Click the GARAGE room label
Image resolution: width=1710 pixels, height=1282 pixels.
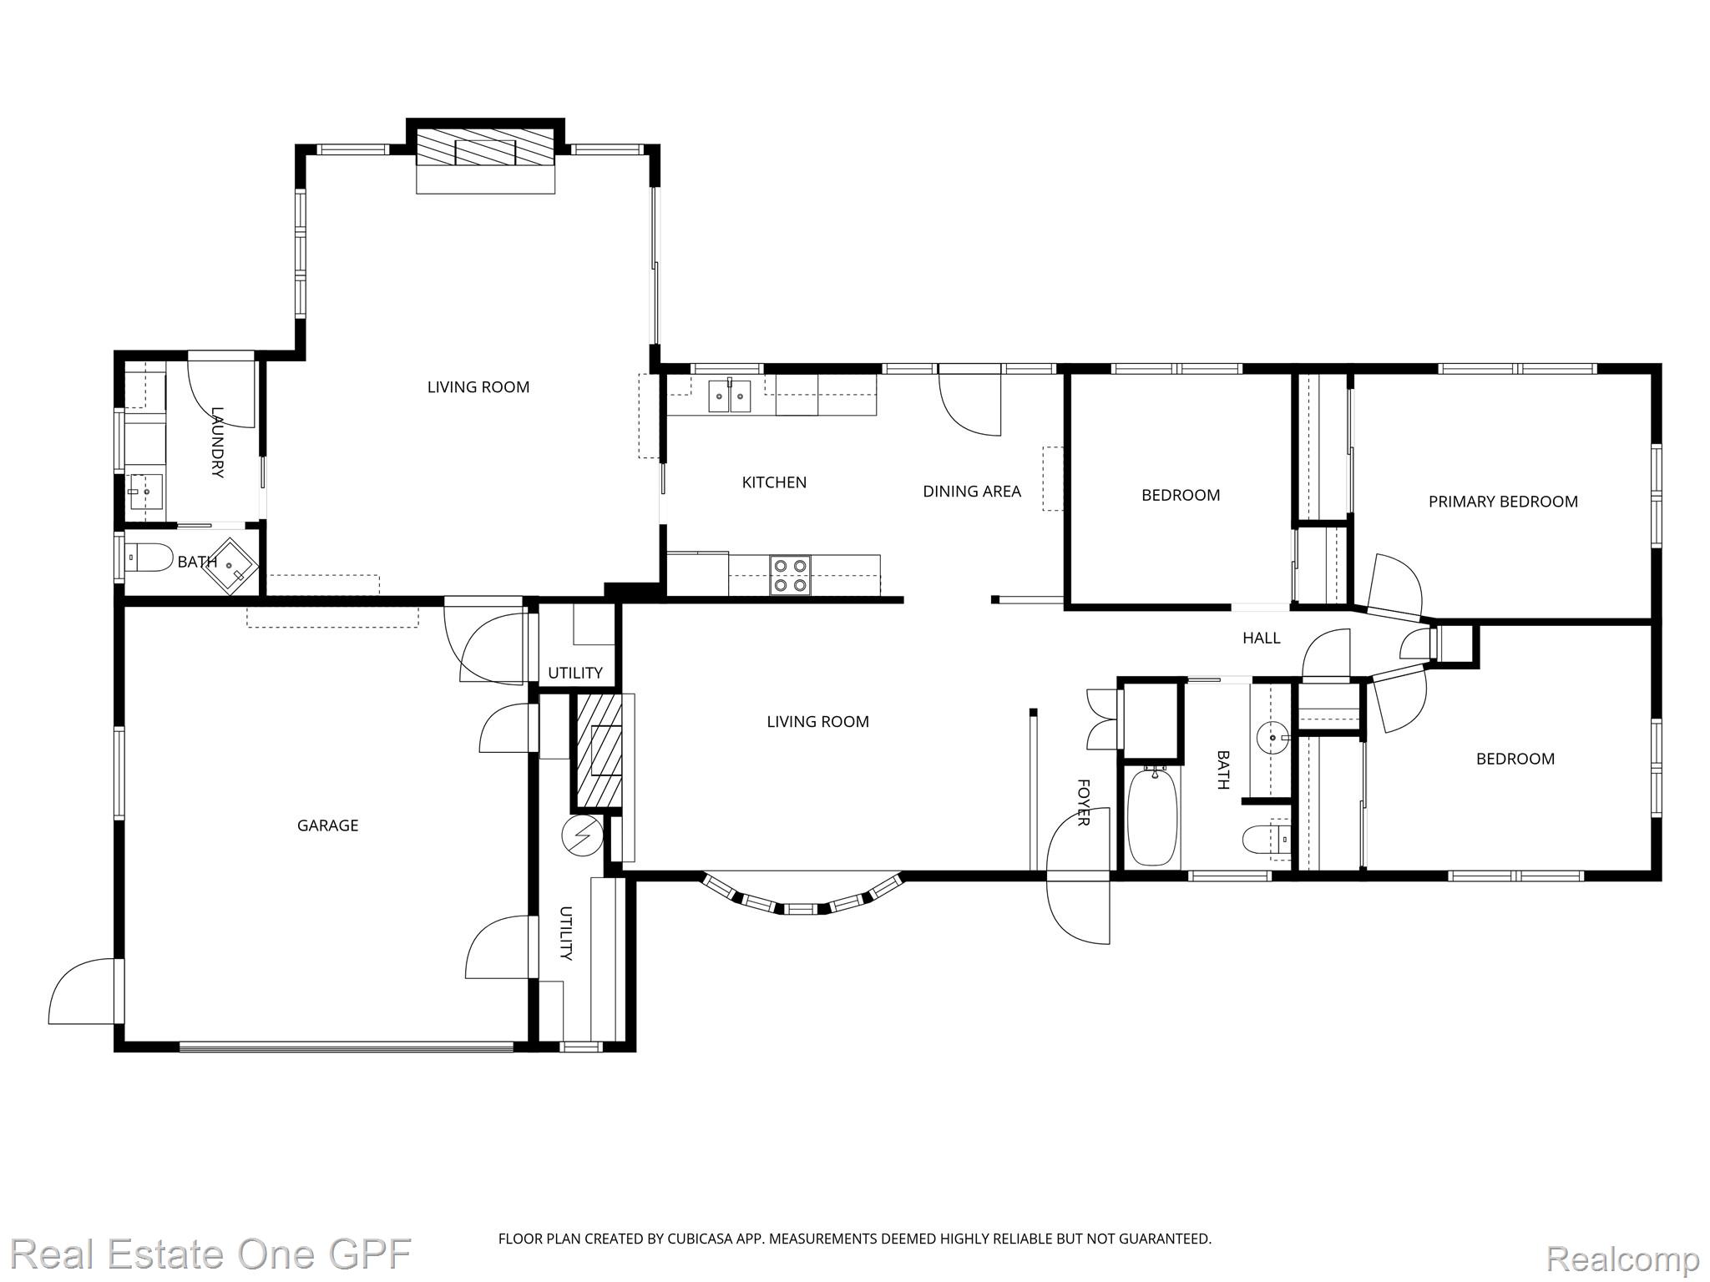(x=327, y=825)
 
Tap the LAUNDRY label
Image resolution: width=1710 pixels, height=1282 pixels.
(x=217, y=442)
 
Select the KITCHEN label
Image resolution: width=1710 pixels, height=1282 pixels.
(x=774, y=482)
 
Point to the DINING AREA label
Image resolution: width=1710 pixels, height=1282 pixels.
(x=972, y=492)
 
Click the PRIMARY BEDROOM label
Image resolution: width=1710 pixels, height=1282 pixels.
(x=1503, y=502)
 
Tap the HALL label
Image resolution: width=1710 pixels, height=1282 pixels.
(x=1261, y=638)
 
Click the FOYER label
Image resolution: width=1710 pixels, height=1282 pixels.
(x=1083, y=802)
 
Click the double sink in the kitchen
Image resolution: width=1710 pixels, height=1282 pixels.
(x=731, y=396)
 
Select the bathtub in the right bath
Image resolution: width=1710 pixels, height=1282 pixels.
(x=1152, y=816)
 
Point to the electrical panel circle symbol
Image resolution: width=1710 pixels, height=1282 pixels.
(x=583, y=834)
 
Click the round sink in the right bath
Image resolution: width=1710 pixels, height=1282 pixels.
(x=1271, y=738)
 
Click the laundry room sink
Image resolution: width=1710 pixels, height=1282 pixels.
(x=145, y=492)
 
